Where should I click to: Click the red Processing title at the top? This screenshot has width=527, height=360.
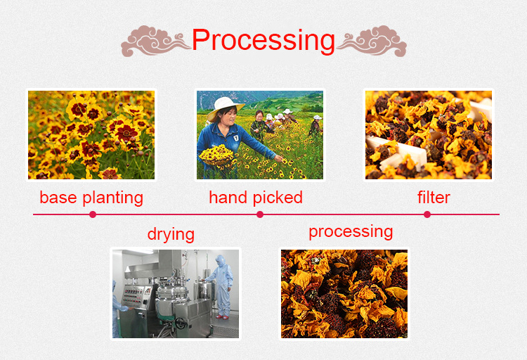(x=263, y=41)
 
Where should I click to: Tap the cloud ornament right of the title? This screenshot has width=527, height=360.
(x=372, y=41)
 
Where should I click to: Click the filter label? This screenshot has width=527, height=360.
(x=434, y=198)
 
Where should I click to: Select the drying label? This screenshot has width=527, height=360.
(x=171, y=234)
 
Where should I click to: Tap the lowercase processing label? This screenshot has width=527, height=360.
(x=351, y=232)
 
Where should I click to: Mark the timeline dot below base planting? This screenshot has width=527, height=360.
(x=93, y=214)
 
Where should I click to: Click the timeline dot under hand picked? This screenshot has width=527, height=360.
(x=260, y=214)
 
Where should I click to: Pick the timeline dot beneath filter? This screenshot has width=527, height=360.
(x=427, y=214)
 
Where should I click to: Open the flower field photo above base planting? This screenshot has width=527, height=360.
(x=91, y=134)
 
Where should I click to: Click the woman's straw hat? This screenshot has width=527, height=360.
(x=224, y=105)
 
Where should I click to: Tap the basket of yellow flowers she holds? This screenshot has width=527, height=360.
(x=216, y=155)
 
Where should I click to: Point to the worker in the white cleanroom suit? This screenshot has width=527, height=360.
(x=224, y=285)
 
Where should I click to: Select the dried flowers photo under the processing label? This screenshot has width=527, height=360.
(x=344, y=293)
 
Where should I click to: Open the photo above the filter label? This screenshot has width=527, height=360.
(x=428, y=134)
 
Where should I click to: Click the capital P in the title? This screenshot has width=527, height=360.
(x=202, y=41)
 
